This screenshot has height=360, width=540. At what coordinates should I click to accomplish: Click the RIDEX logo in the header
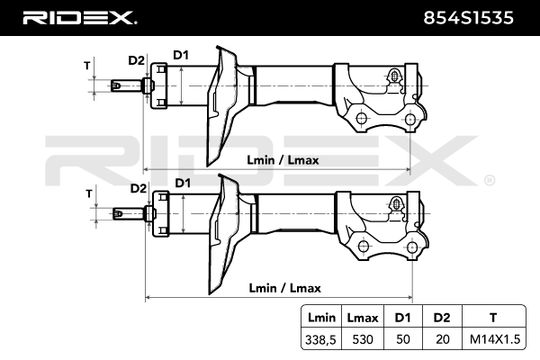coord(79,17)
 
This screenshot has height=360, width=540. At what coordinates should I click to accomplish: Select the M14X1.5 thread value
coord(492,338)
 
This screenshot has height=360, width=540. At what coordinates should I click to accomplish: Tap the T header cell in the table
coord(492,318)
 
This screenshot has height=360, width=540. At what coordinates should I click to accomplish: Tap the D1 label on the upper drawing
coord(181,57)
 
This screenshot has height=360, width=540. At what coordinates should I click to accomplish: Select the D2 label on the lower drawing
coord(138,188)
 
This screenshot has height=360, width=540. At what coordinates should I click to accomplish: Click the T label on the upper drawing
coord(87,66)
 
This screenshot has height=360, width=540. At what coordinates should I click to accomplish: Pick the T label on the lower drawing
coord(89,193)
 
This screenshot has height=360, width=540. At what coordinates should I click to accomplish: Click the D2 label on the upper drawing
coord(136,60)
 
